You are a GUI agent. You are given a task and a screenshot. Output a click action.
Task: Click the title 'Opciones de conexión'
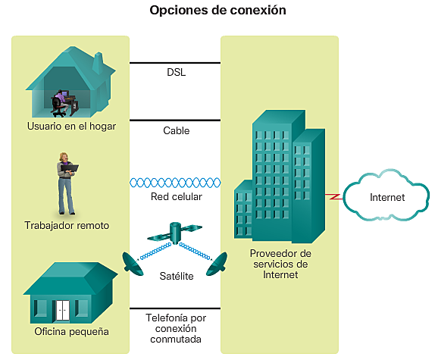tap(218, 11)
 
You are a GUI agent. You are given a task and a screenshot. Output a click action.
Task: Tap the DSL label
tap(176, 73)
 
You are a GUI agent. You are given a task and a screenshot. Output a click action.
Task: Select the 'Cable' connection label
tap(176, 130)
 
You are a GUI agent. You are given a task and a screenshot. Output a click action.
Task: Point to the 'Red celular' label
tap(176, 197)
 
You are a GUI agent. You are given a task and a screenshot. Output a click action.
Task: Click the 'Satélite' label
tap(176, 276)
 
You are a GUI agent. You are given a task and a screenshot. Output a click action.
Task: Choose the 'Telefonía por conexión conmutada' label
tap(175, 329)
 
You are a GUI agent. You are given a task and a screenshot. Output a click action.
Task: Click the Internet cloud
tap(386, 197)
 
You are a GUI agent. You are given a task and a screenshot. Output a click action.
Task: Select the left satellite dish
tap(132, 261)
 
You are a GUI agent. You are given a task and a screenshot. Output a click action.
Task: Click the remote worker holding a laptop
tap(66, 183)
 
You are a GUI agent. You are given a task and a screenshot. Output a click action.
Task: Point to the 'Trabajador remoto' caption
tap(67, 225)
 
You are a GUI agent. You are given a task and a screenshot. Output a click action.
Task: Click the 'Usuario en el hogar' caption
tap(70, 127)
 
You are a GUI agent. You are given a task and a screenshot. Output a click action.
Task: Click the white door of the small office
tap(61, 309)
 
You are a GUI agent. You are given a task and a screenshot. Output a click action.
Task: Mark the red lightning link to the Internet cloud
tap(332, 196)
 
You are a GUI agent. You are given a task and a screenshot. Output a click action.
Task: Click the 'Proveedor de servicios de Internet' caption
tap(280, 264)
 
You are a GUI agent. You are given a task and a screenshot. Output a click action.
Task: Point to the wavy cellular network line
tap(175, 183)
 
